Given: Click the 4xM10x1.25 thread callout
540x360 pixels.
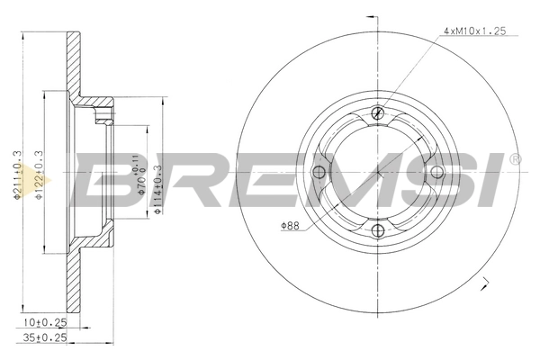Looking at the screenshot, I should (x=476, y=31).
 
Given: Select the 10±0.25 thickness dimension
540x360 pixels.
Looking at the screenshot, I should (x=44, y=319).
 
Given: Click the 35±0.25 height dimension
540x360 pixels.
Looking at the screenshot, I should (x=44, y=338).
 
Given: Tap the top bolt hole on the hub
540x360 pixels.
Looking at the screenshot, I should (x=377, y=114).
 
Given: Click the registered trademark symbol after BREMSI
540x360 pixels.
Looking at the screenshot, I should (x=515, y=159).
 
